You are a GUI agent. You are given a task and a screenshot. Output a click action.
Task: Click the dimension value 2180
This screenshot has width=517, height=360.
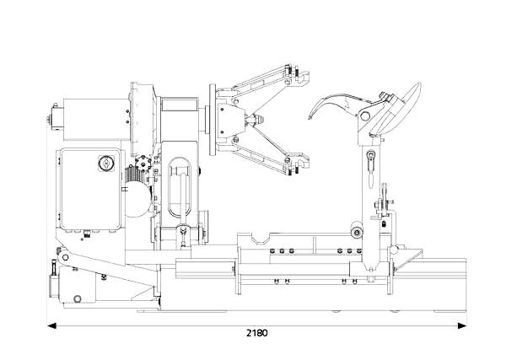tap(257, 333)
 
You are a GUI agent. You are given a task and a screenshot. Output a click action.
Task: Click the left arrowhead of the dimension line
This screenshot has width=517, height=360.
tap(51, 326)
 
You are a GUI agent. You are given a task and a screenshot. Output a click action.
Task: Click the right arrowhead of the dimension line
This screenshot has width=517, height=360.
tap(462, 326)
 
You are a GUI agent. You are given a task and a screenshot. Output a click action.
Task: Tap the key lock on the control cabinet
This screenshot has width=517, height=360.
tap(106, 164)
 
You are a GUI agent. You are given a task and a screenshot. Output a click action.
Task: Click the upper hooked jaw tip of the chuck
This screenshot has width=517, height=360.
tap(303, 78)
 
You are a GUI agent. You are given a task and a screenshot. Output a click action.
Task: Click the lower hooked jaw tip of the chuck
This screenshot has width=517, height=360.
tap(303, 161)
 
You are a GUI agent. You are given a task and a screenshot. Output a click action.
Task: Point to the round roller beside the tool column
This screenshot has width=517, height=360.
tap(357, 232)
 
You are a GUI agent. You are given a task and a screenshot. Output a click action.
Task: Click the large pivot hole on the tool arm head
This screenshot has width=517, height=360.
tap(364, 116)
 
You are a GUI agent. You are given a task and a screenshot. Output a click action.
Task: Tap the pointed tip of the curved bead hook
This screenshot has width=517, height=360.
tap(310, 117)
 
